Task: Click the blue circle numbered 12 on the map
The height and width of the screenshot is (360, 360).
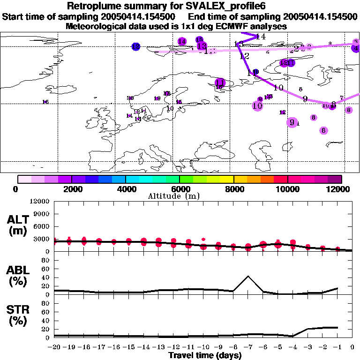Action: point(136,46)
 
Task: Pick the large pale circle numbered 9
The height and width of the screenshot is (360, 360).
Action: point(292,122)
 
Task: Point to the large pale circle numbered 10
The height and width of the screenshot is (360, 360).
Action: point(257,106)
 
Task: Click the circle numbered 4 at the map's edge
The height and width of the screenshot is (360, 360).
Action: point(356,48)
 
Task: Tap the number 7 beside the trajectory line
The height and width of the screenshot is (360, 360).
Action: point(342,97)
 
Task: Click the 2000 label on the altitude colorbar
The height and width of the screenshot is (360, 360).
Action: point(71,189)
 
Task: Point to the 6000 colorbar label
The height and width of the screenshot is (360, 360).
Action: point(180,189)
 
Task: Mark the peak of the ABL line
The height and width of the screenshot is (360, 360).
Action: point(248,276)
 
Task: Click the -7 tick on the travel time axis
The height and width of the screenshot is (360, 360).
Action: point(248,347)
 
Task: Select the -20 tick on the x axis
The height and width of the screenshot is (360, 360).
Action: point(54,347)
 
